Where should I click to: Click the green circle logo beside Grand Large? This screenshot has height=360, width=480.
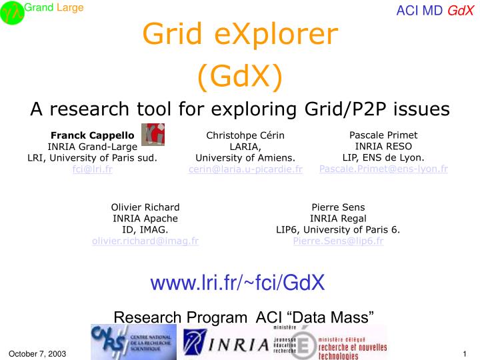coord(12,13)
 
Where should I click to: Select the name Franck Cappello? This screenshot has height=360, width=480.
coord(93,135)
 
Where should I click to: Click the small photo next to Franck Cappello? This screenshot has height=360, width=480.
coord(153,134)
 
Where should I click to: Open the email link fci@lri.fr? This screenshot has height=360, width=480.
coord(92,169)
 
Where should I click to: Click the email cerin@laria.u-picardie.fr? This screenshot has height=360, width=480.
coord(245,169)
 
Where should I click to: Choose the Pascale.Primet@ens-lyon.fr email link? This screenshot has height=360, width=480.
coord(383,169)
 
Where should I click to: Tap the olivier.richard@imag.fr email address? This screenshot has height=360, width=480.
coord(145,241)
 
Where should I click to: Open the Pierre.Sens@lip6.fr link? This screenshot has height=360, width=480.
coord(338,241)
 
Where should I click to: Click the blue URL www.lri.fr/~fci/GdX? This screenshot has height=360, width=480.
coord(237,283)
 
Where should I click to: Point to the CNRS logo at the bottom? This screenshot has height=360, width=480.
coord(133,341)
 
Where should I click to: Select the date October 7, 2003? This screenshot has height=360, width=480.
coord(37,353)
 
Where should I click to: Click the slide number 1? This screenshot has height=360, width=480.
coord(463,353)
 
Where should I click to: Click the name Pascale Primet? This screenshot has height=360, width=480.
coord(383,135)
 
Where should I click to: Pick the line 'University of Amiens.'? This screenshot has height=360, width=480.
coord(245,157)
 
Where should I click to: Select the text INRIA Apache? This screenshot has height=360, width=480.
coord(145,218)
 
